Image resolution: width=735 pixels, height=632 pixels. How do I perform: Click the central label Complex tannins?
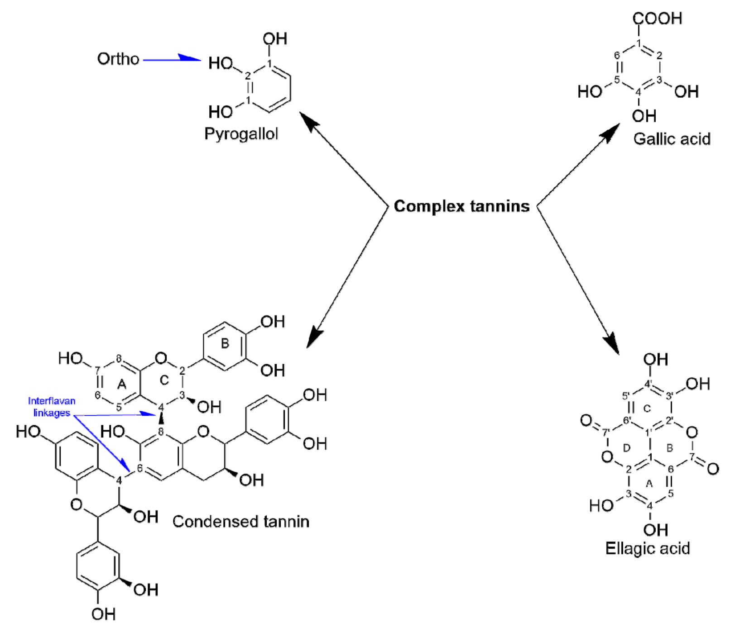[461, 206]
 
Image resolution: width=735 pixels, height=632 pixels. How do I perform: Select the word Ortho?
[118, 59]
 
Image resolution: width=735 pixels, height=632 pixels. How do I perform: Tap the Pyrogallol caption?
[241, 134]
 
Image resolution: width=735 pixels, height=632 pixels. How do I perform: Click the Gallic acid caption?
[672, 138]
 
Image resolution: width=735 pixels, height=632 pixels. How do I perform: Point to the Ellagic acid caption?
[647, 548]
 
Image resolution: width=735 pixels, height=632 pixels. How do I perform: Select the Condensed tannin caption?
[240, 522]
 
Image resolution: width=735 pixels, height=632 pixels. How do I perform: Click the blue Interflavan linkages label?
[51, 407]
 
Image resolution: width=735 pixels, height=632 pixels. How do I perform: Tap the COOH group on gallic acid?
[657, 19]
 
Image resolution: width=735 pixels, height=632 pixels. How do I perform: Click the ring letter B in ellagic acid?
[670, 448]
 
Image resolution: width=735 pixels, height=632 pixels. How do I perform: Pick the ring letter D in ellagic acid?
[626, 448]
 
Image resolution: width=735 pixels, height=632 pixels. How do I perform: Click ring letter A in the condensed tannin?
[121, 385]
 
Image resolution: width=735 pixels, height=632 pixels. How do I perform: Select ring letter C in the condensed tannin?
[164, 380]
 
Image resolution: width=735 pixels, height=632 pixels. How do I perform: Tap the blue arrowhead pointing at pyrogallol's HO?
[190, 58]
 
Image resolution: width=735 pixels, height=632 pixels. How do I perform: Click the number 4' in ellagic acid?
[649, 384]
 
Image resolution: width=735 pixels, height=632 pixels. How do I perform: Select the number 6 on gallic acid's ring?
[617, 55]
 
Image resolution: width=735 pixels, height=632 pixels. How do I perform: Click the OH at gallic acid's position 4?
[644, 116]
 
